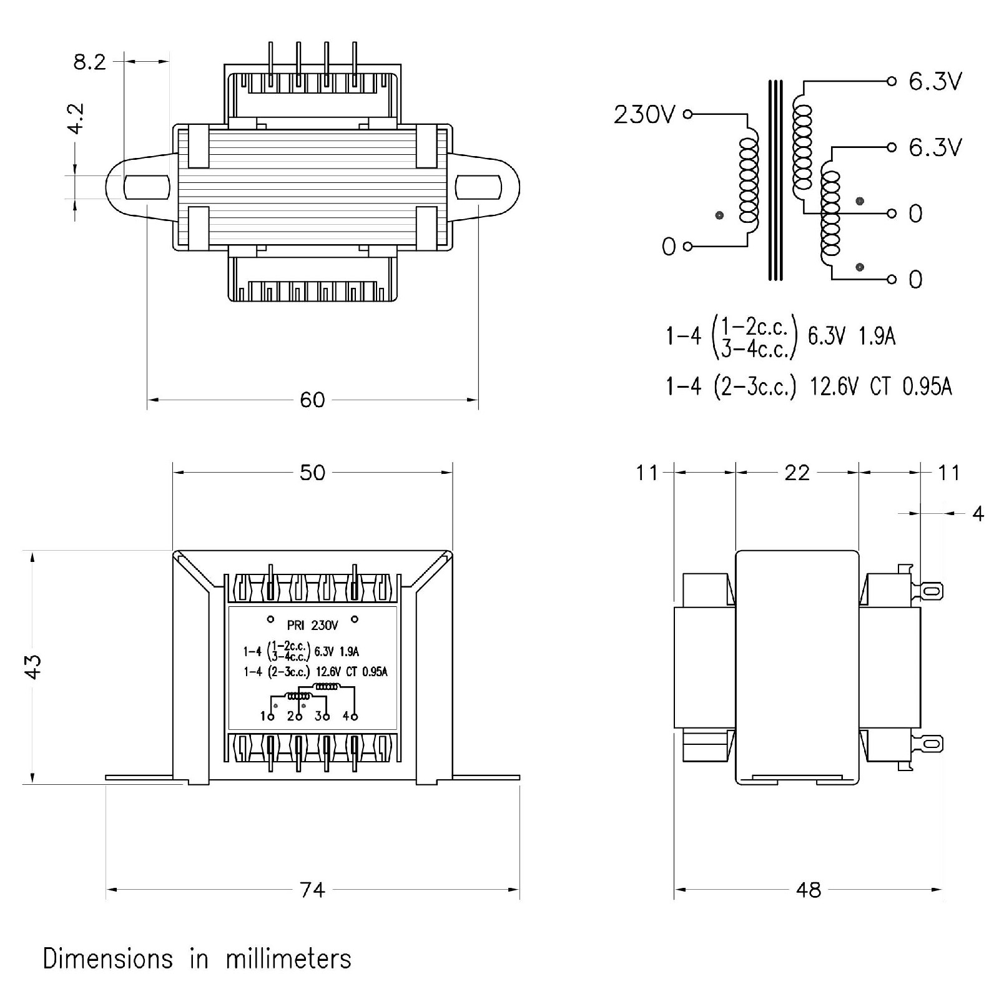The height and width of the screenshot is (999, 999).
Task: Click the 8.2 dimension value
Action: [90, 62]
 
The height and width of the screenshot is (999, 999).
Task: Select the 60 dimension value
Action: [312, 400]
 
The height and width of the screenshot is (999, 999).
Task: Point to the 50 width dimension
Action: [312, 473]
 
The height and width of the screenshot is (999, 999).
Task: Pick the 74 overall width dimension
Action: [312, 890]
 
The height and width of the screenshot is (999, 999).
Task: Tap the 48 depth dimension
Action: [809, 890]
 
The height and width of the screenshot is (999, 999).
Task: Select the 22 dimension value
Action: [797, 473]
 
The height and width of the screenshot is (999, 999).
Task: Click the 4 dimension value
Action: [978, 514]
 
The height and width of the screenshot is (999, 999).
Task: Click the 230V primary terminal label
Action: [644, 115]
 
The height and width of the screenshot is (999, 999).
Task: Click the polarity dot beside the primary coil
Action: [719, 215]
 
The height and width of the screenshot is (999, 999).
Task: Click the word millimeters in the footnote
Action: [288, 959]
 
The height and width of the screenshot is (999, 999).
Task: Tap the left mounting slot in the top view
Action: [147, 187]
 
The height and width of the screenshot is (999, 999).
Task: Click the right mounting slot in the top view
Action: [478, 187]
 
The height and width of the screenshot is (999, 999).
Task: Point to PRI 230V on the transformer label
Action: [312, 625]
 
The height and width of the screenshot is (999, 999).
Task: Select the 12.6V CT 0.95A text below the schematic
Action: [880, 387]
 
